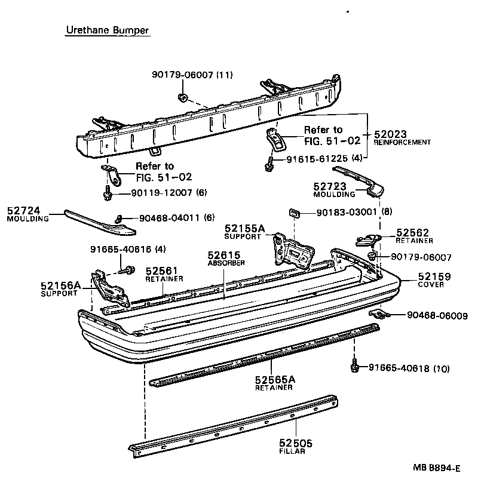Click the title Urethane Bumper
tap(107, 30)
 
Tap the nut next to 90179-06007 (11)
tap(183, 97)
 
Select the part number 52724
tap(23, 211)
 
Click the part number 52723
tap(329, 186)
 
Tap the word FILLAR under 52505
tap(292, 451)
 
